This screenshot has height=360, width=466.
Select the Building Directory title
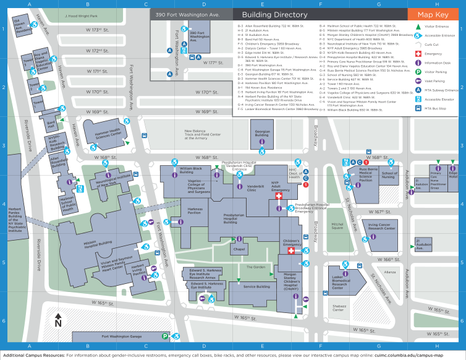coord(274,14)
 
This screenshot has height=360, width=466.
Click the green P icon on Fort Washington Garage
coord(165,336)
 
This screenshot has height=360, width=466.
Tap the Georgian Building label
coord(261,134)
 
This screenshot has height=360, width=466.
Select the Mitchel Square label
coord(337,226)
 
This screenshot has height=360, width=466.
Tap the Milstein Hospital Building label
coord(80,243)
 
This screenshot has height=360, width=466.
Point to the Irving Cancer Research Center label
coord(381,227)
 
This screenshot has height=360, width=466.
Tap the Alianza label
coord(389,272)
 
